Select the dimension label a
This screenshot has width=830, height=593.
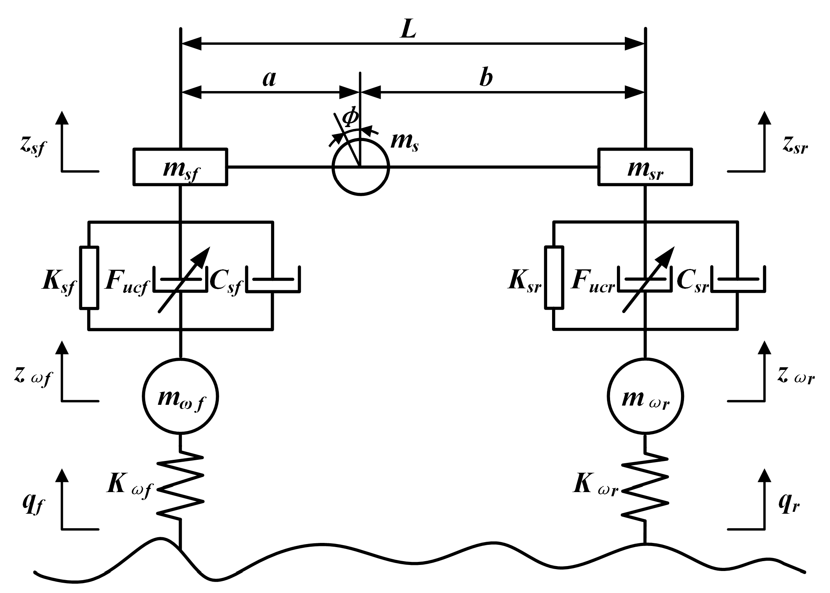[x=269, y=79]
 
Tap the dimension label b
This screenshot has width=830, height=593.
[x=485, y=79]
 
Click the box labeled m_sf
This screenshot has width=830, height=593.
[x=180, y=167]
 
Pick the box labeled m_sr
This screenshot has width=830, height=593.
[x=645, y=167]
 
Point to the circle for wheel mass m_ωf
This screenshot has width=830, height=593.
[x=180, y=396]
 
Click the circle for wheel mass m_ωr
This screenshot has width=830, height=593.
[x=645, y=396]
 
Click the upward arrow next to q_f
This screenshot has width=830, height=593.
[x=62, y=493]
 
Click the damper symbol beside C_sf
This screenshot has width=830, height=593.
[x=273, y=280]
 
